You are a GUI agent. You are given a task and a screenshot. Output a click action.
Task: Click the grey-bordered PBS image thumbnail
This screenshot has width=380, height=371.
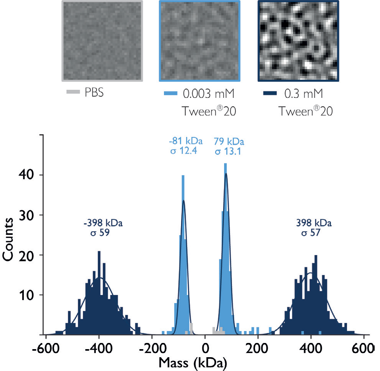[x=102, y=41]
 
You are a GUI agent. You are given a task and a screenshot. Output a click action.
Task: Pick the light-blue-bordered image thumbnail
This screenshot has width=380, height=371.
[x=200, y=41]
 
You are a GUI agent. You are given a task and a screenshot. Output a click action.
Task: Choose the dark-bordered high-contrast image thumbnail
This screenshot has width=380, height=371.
[x=299, y=41]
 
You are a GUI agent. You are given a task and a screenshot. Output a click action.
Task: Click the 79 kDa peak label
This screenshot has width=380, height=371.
[x=229, y=142]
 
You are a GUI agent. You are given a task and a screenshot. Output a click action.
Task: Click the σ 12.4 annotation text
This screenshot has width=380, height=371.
[x=183, y=151]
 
